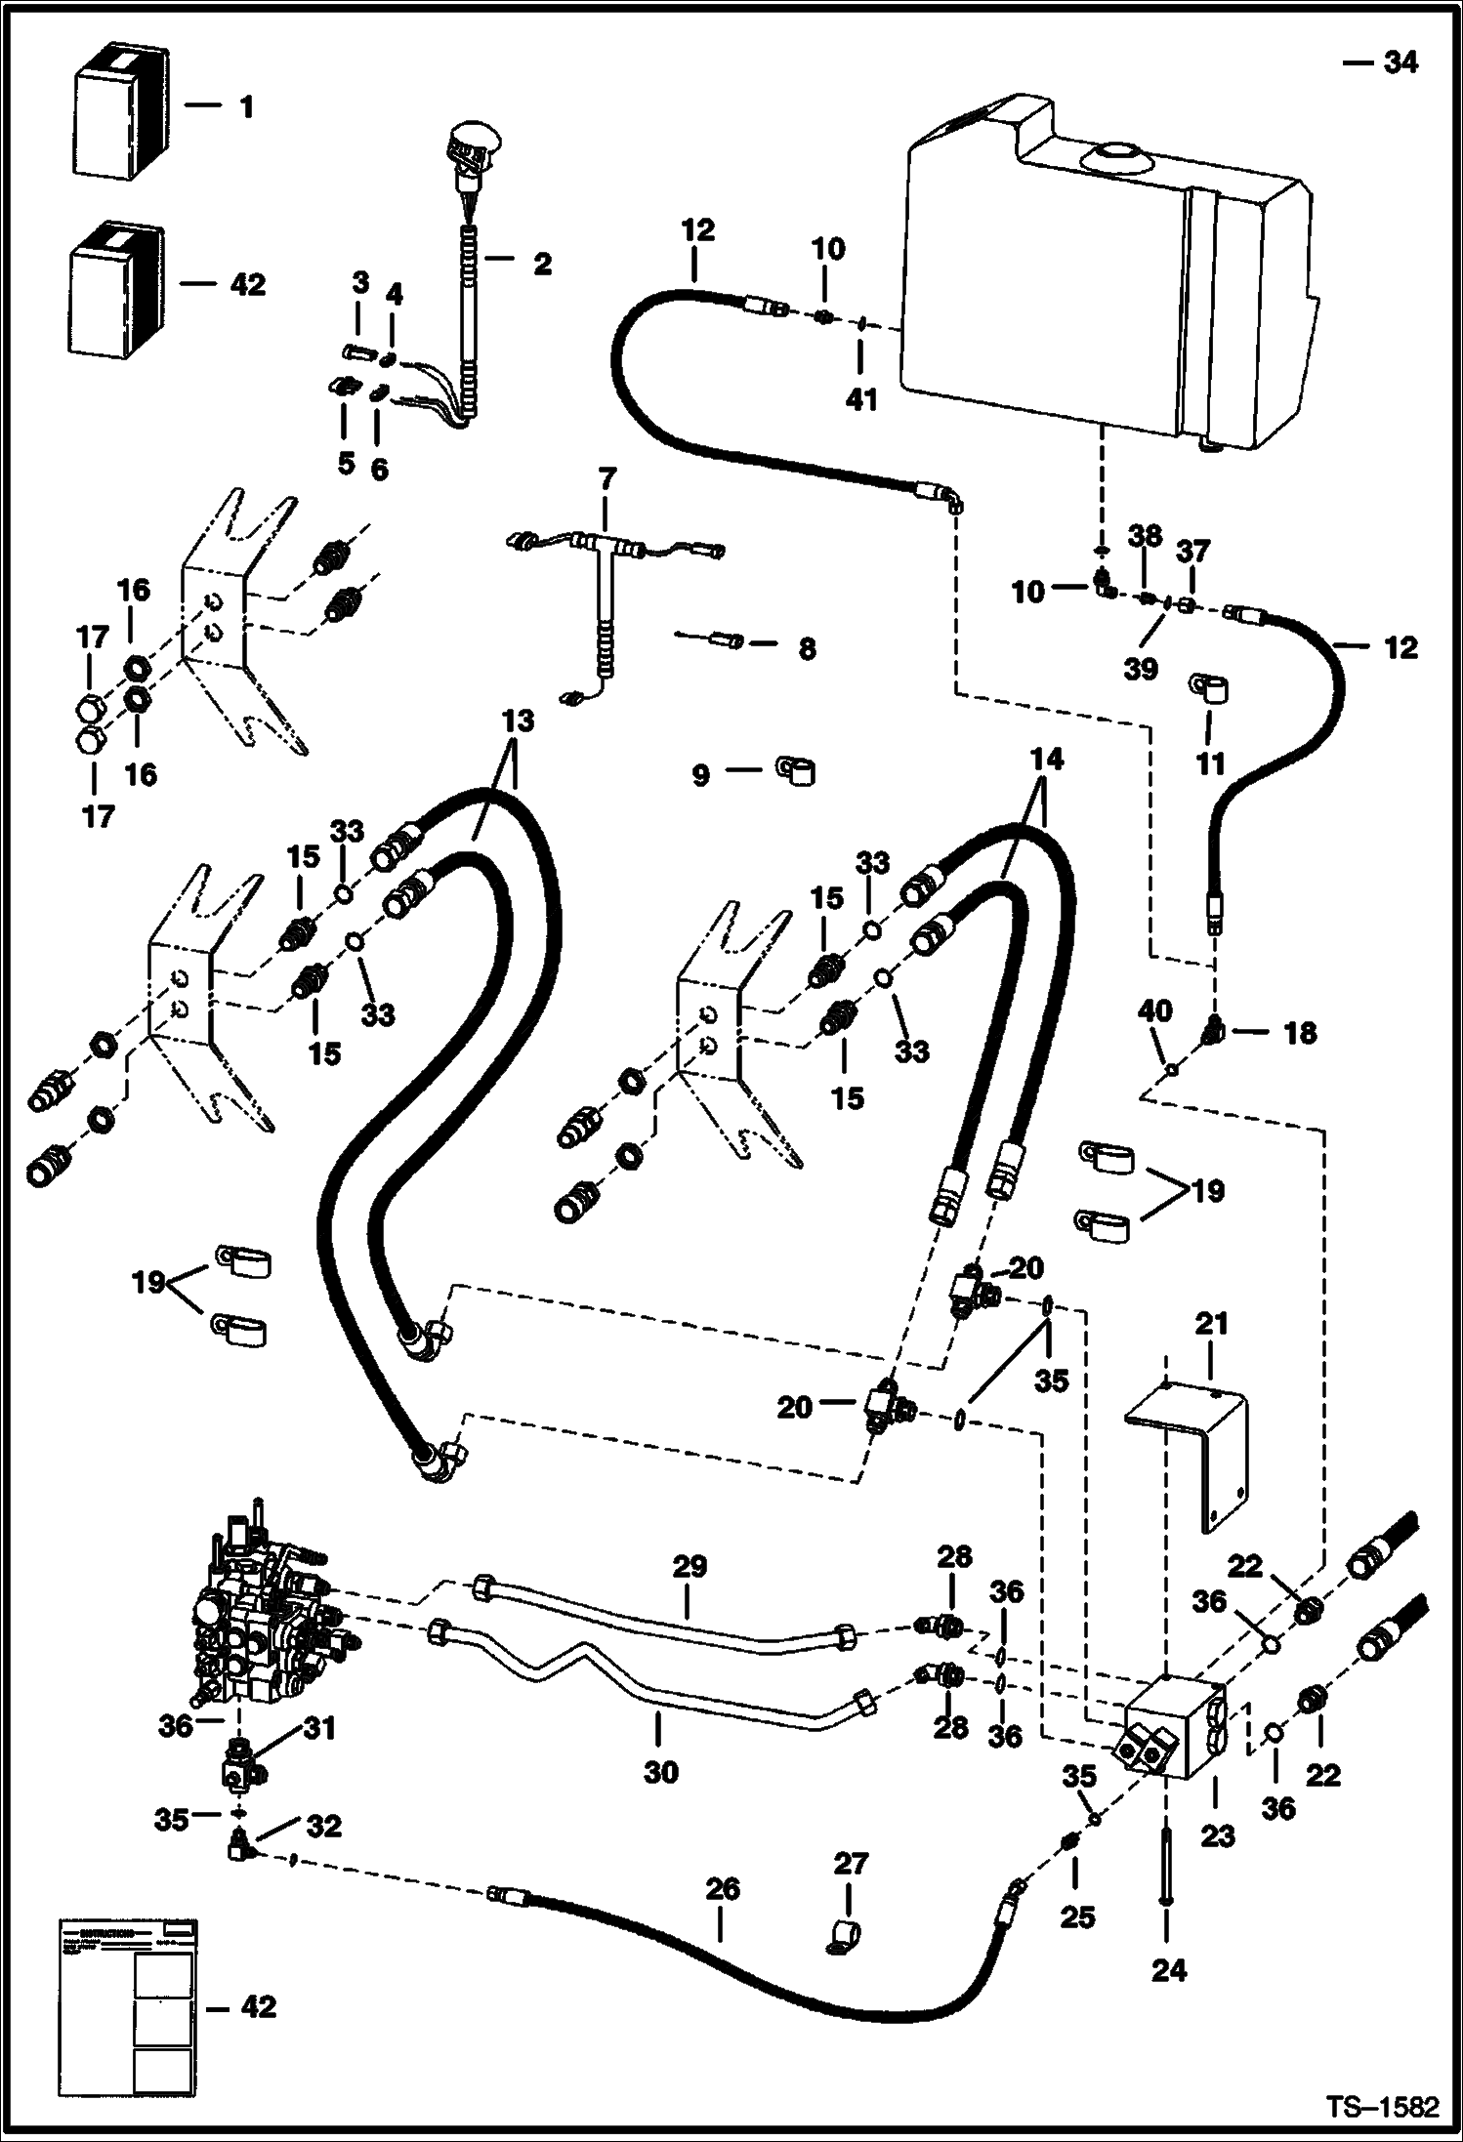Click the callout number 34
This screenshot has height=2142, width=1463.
(x=1400, y=62)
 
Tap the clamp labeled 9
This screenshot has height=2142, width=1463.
(x=797, y=771)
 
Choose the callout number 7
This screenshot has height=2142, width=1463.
(x=606, y=479)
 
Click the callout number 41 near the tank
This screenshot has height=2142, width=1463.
(x=861, y=398)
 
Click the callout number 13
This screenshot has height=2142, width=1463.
(x=518, y=721)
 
